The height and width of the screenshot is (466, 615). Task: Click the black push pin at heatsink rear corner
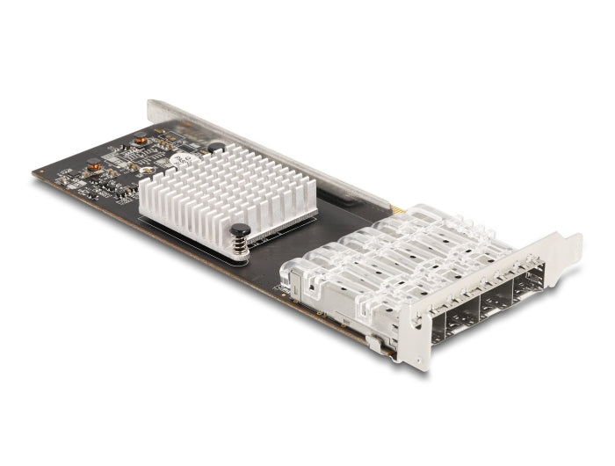click(216, 149)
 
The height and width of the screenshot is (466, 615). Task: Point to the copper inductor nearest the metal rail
click(140, 140)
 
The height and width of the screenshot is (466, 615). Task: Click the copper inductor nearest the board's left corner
click(93, 164)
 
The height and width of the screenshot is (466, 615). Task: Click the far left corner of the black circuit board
click(37, 174)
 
